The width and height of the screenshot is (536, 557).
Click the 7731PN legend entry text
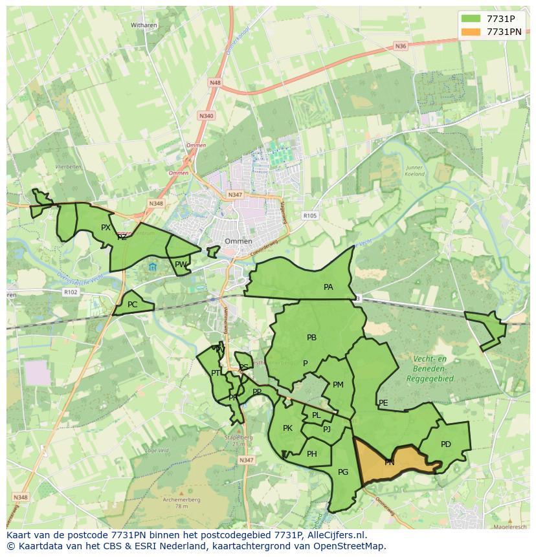coord(504,31)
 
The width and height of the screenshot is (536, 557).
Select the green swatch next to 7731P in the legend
coord(472,19)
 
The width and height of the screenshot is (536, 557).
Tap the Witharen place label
coord(144,25)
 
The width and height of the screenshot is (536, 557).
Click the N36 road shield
coord(400,46)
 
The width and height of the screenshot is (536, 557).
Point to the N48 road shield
coord(215,83)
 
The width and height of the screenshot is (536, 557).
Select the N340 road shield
coord(206,116)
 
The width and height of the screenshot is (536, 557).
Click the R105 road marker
coord(310,215)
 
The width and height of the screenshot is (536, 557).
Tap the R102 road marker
coord(71,292)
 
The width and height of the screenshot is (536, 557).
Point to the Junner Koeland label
coord(414,171)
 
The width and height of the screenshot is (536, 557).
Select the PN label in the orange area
coord(389,463)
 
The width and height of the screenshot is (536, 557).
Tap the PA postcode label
coord(328,287)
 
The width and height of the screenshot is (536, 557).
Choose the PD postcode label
coord(445,444)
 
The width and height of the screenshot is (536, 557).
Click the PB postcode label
coord(311,337)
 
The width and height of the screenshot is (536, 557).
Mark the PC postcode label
coord(132,305)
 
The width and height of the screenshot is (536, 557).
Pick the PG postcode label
coord(343,472)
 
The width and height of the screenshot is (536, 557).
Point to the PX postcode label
coord(106,227)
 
